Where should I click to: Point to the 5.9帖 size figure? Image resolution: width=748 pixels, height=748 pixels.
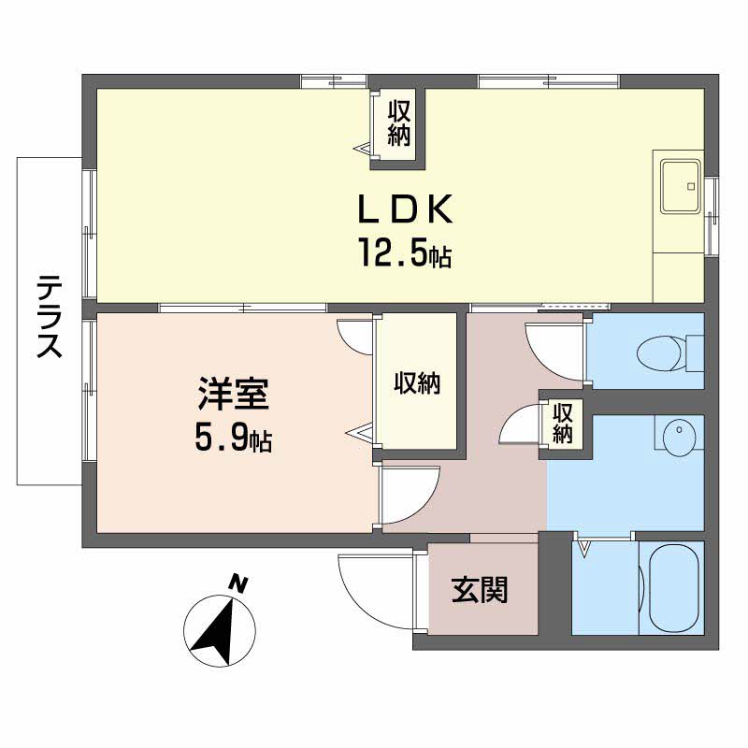233,438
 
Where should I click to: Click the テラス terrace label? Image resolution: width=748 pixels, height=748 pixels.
49,318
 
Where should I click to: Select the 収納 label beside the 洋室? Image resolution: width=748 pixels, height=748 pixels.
416,383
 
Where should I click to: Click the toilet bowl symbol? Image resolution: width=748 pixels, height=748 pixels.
659,353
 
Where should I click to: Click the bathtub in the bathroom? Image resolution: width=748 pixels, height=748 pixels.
670,589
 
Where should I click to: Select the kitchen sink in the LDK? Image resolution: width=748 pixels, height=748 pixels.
681,186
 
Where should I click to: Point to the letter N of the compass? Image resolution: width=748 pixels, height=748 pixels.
238,586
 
